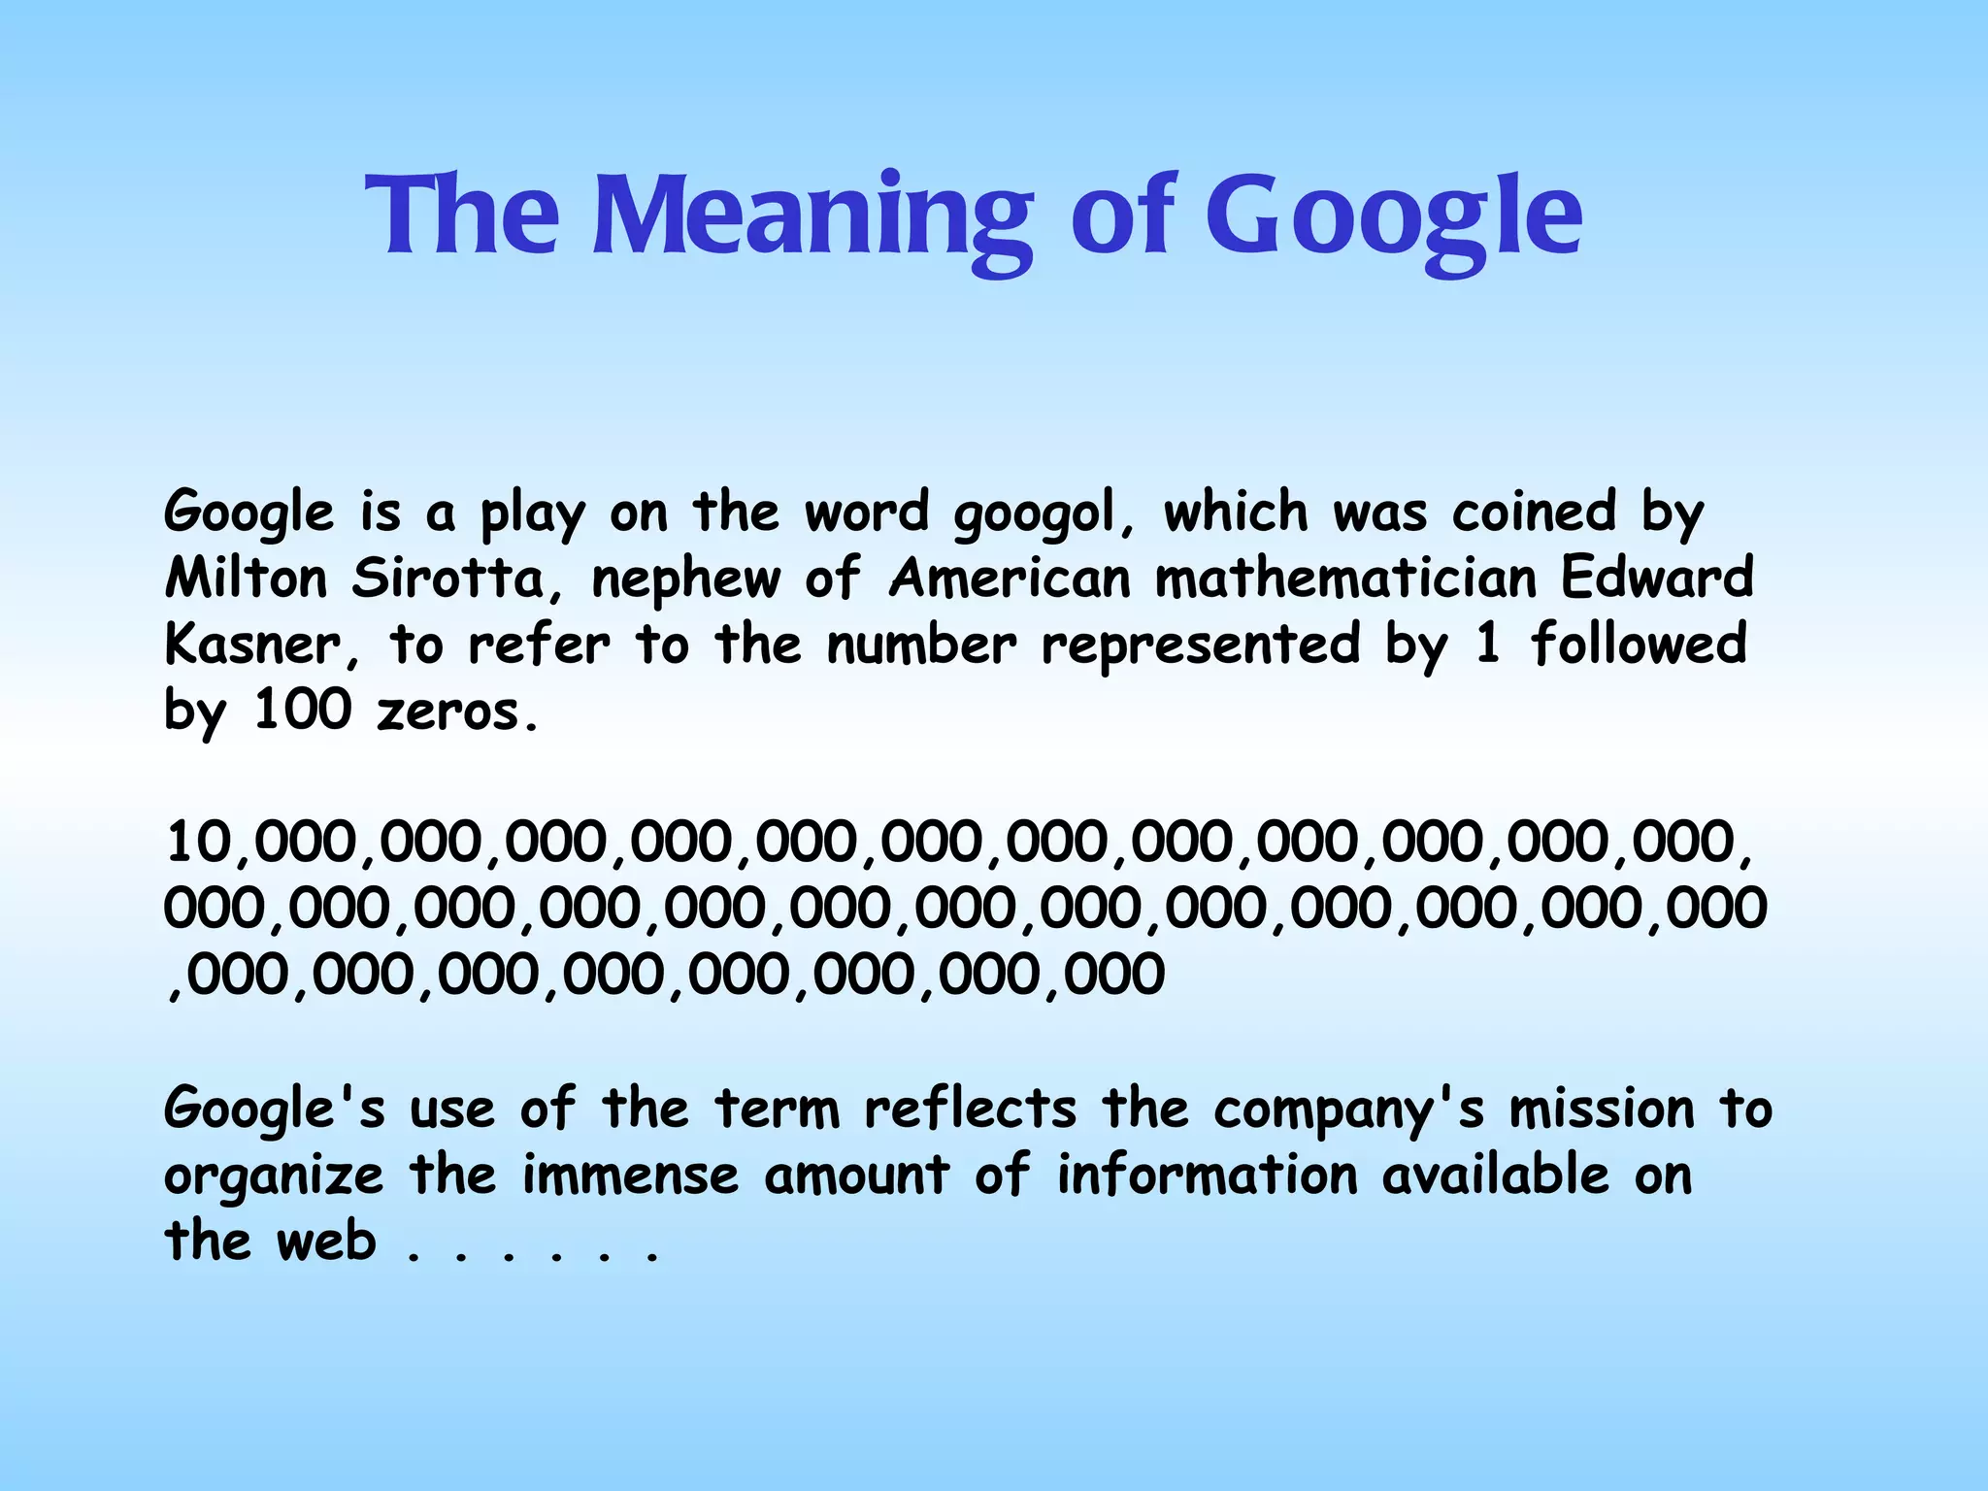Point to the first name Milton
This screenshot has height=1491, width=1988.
(247, 579)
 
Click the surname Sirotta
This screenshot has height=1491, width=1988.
(447, 579)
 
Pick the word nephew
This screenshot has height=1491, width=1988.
(685, 580)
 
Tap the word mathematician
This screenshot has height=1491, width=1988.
(1345, 579)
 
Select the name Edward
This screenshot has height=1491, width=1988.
(1657, 579)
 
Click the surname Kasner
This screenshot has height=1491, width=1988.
(252, 645)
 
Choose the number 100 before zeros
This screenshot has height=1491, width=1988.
(302, 711)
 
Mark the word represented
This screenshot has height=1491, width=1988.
(1201, 645)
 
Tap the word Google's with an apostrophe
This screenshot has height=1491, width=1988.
(274, 1110)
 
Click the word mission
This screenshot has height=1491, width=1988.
(1601, 1110)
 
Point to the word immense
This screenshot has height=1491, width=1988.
(631, 1176)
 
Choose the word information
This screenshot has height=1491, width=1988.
(1207, 1176)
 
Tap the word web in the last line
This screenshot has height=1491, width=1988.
(326, 1242)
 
